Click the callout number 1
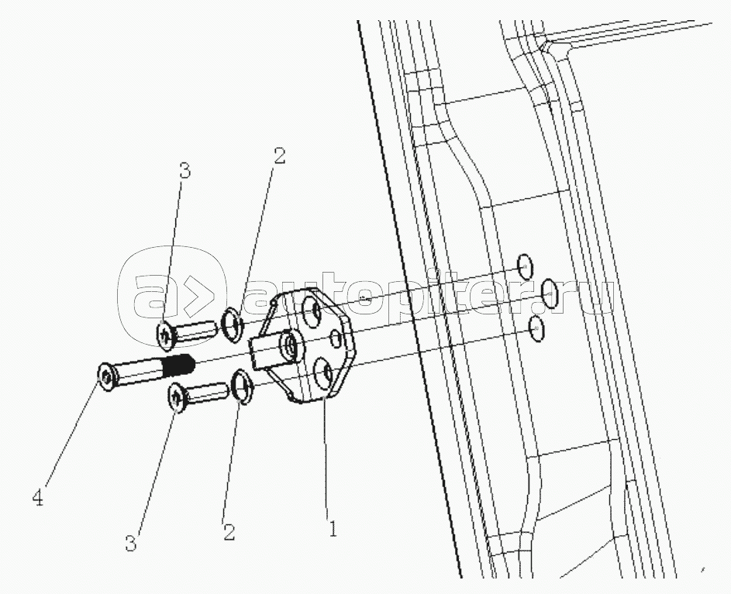[x=331, y=530]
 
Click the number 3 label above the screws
[x=184, y=170]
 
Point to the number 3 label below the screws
[x=131, y=543]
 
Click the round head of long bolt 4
[x=105, y=376]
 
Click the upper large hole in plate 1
[x=313, y=312]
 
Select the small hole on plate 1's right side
[x=335, y=338]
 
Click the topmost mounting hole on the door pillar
[x=526, y=266]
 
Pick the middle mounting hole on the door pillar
[x=549, y=291]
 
